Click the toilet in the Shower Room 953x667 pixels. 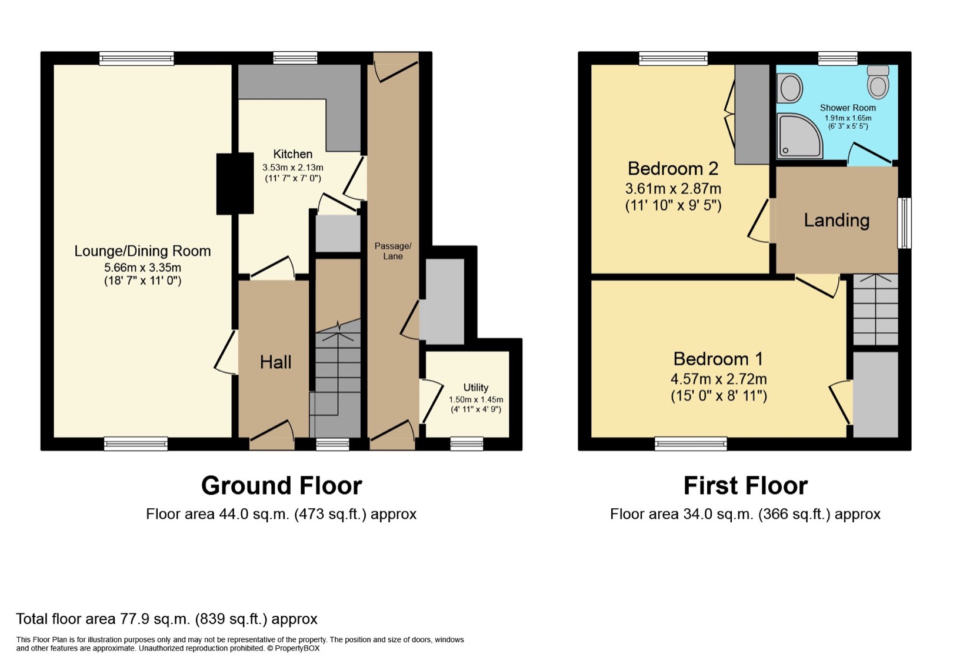(x=878, y=82)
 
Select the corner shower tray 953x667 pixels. (x=799, y=136)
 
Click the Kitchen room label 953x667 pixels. (x=292, y=154)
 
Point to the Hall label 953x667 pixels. (x=275, y=362)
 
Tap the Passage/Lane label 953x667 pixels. (x=393, y=251)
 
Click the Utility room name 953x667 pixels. (x=475, y=388)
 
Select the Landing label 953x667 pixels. (x=836, y=221)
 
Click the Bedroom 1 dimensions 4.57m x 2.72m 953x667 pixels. (x=718, y=379)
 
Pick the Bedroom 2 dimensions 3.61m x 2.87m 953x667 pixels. (x=672, y=189)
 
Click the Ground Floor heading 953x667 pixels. (x=281, y=486)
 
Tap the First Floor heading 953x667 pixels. (x=745, y=486)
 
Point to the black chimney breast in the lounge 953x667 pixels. (x=235, y=184)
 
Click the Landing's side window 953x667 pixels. (x=904, y=223)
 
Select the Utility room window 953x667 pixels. (x=466, y=444)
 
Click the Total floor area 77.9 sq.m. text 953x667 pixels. (x=166, y=619)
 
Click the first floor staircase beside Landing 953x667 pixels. (x=875, y=309)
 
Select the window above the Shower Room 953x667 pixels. (x=837, y=58)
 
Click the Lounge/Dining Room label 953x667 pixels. (x=142, y=251)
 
